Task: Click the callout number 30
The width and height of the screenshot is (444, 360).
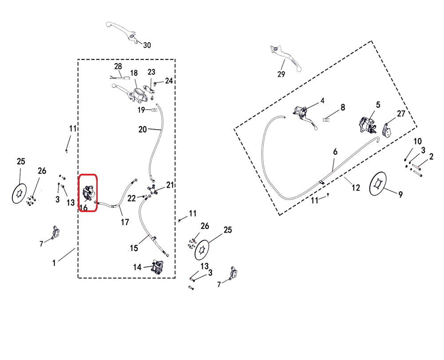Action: pos(147,45)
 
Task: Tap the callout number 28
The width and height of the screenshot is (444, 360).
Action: pos(118,66)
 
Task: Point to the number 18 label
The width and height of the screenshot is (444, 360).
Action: pos(134,73)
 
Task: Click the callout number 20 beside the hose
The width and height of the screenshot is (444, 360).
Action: pos(143,129)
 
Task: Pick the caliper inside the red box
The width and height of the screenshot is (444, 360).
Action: pos(88,193)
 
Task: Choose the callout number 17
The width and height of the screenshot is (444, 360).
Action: pos(125,222)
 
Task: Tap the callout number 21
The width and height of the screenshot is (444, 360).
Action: pos(170,185)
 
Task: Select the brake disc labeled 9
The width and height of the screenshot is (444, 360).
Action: pos(378,183)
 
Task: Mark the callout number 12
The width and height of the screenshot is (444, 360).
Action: pos(356,188)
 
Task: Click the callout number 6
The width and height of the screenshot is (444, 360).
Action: pos(335,152)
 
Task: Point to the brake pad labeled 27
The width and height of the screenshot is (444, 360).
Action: pos(386,130)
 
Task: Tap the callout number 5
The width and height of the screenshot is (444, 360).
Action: pos(378,105)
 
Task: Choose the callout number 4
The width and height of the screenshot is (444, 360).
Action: pos(322,101)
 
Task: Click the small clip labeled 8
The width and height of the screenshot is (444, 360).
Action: pos(326,120)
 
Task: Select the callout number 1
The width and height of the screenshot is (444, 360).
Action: pos(54,263)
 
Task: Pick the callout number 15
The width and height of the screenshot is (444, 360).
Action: pos(134,248)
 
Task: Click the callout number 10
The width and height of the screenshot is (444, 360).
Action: pos(418,141)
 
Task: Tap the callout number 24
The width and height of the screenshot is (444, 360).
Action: pos(169,81)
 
